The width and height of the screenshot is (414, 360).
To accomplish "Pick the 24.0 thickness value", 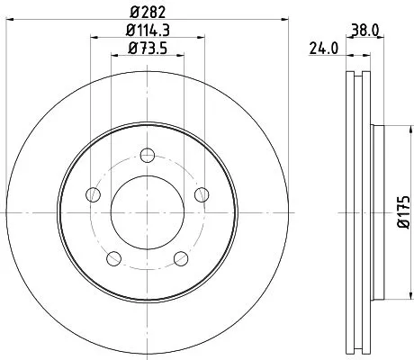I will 321,49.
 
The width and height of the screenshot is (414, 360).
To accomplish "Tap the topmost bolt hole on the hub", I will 147,153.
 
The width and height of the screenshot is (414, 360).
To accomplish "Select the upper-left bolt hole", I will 90,193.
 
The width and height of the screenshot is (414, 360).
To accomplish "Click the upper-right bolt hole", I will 202,193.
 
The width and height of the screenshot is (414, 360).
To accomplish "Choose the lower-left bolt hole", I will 112,259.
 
